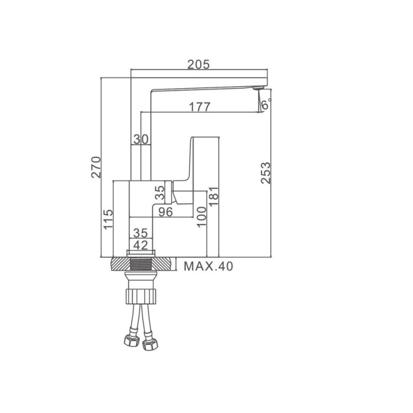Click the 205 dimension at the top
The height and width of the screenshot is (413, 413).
[199, 65]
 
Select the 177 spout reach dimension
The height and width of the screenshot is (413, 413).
[200, 107]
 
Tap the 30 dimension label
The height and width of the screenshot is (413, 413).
[140, 139]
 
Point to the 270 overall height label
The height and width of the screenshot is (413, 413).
[96, 167]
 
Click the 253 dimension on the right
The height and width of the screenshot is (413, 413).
[266, 173]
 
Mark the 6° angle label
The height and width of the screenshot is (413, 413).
[265, 104]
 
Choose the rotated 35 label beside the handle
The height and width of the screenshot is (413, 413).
[160, 193]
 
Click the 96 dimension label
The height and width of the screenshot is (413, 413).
[165, 212]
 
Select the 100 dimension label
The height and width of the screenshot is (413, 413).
[201, 216]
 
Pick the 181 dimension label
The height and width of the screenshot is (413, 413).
[214, 196]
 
